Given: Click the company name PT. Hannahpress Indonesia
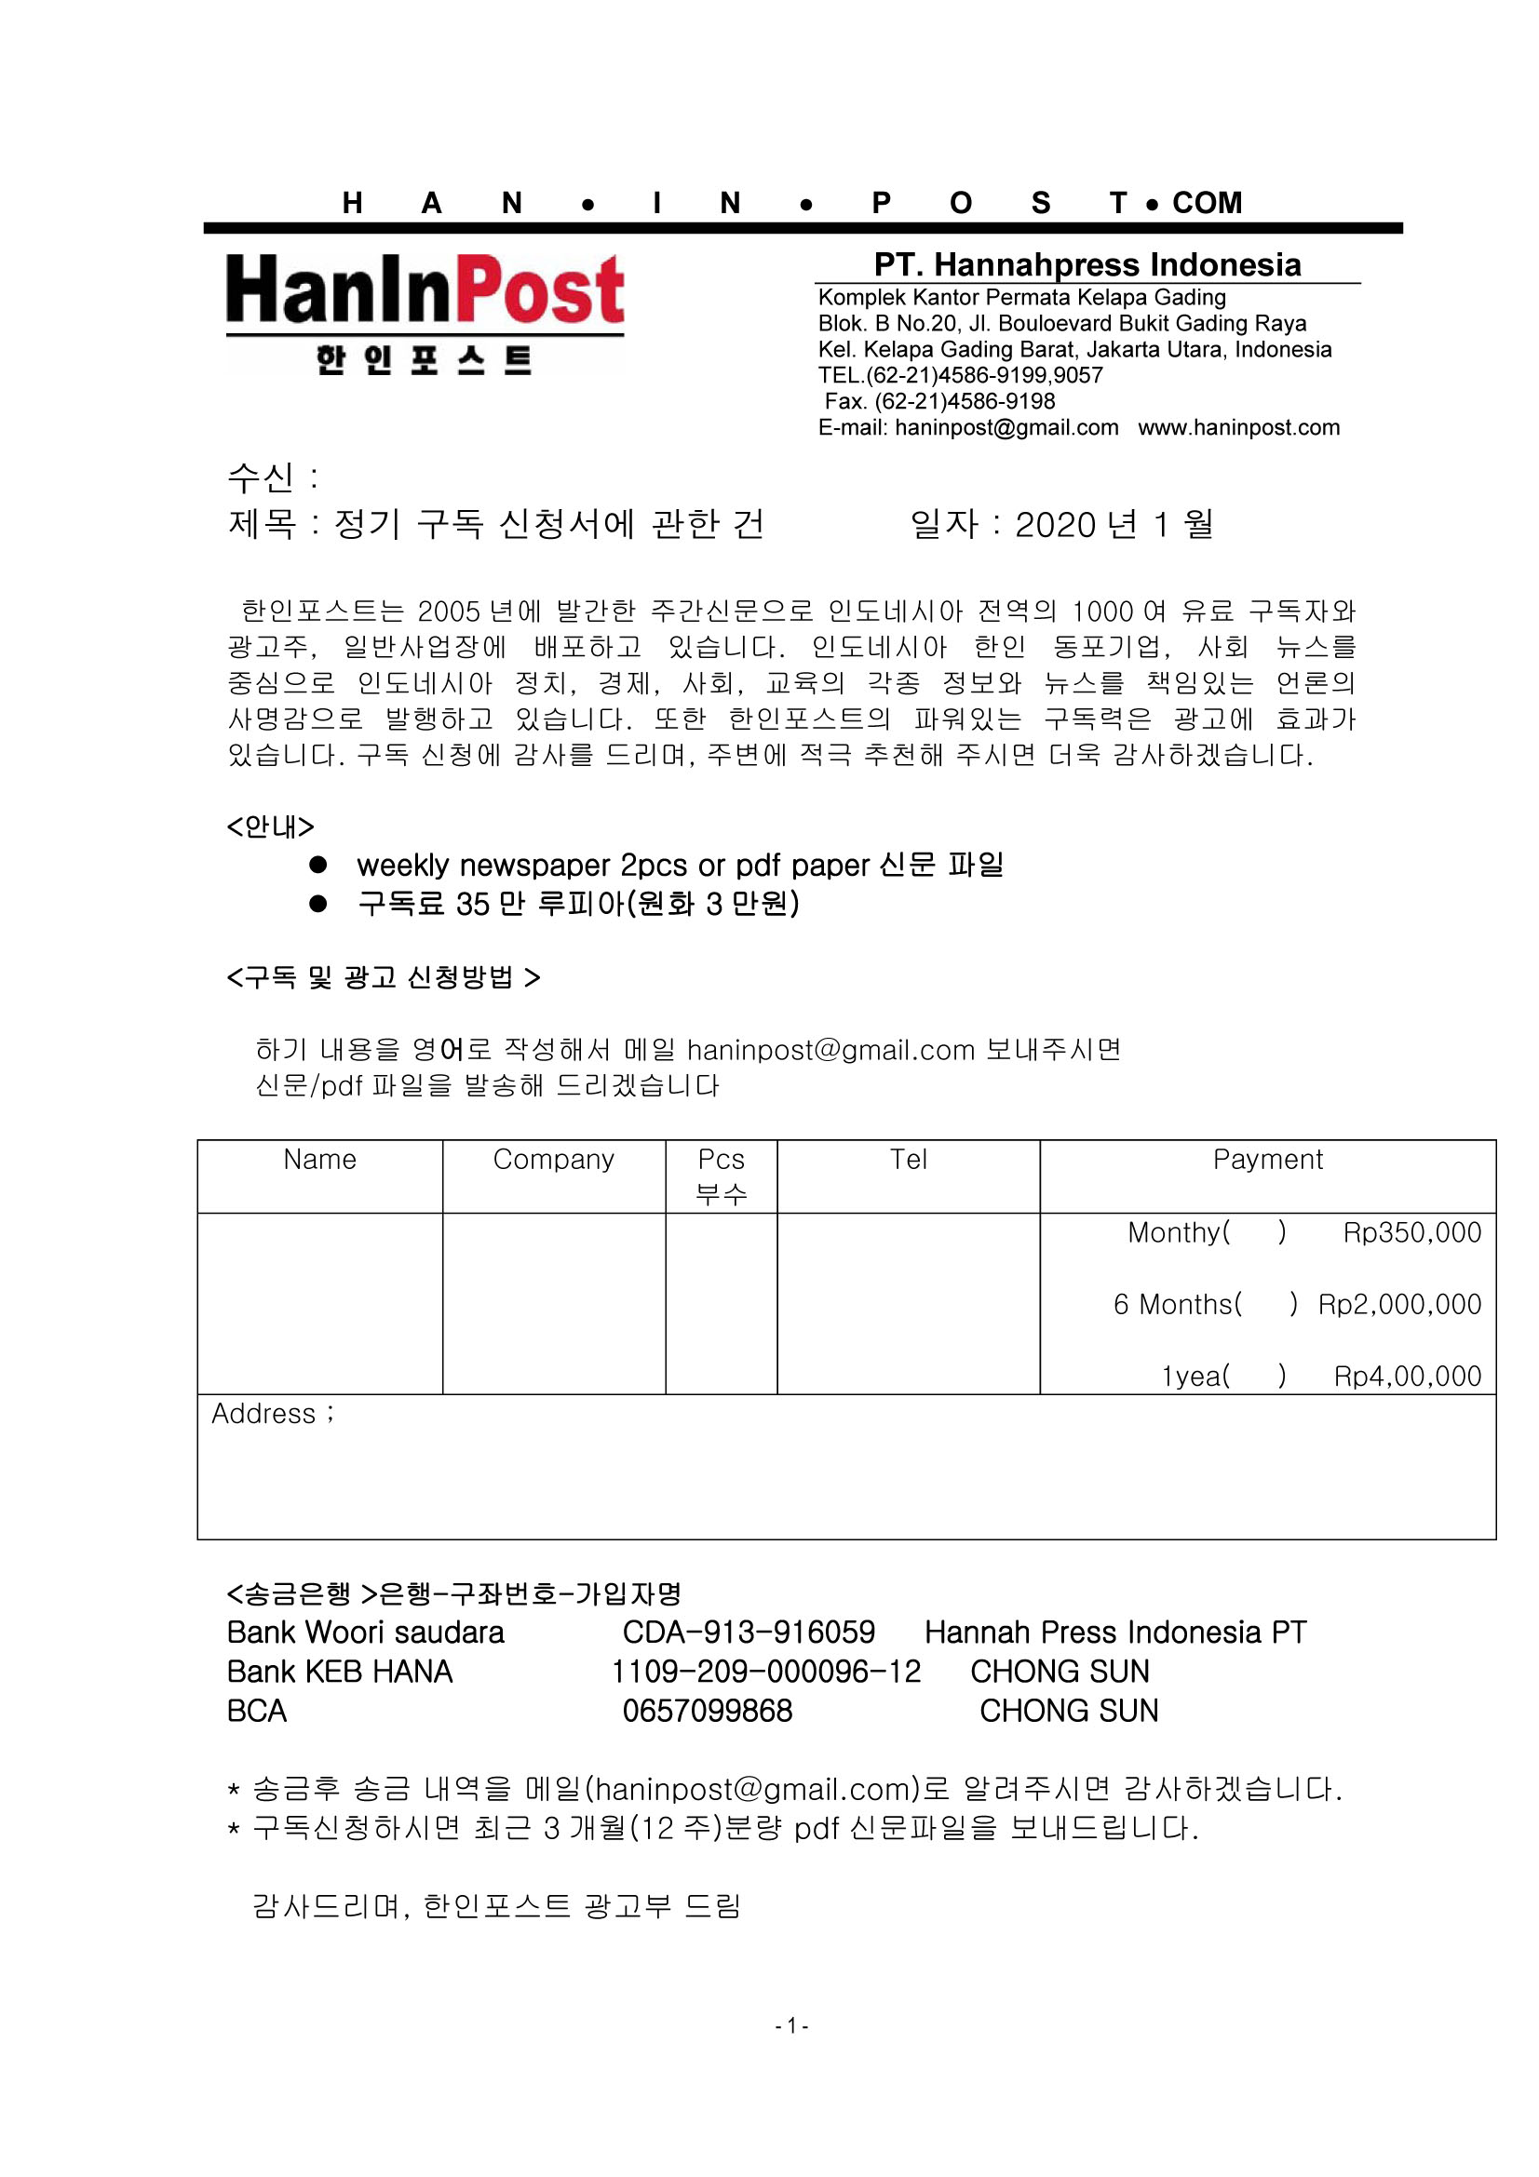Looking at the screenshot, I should point(1087,264).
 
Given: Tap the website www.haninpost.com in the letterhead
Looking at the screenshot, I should point(1238,427).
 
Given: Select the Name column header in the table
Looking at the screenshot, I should point(319,1159).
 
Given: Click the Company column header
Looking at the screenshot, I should point(554,1159).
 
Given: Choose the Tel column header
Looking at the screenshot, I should point(908,1159).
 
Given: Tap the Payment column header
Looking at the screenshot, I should point(1267,1159).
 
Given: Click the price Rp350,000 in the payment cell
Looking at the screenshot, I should point(1411,1231).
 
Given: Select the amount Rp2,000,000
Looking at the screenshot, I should point(1398,1304).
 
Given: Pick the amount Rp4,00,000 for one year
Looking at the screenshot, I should point(1407,1376).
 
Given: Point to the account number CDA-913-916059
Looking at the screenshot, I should point(749,1632).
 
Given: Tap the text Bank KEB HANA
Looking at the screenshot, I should point(340,1671).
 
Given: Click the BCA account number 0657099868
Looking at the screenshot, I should point(707,1711).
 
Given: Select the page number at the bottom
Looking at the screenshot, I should point(790,2025).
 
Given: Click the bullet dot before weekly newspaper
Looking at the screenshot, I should point(318,865).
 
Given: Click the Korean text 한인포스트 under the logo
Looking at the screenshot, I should point(424,360).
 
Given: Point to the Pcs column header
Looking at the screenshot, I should point(721,1159).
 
